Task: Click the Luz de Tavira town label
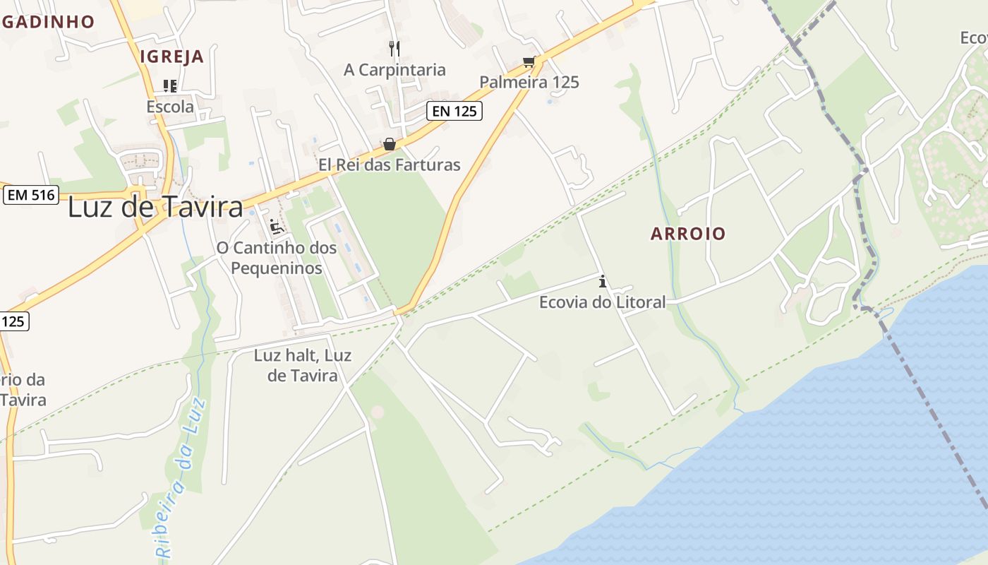click(x=155, y=207)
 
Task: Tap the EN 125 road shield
click(x=454, y=110)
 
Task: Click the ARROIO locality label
click(x=688, y=234)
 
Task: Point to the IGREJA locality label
click(x=171, y=56)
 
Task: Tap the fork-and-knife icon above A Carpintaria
click(x=394, y=48)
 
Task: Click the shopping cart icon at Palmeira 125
click(x=529, y=62)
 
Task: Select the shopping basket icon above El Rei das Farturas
click(x=389, y=144)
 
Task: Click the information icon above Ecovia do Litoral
click(x=602, y=281)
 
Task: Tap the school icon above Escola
click(x=170, y=86)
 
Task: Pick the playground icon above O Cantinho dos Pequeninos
click(x=277, y=227)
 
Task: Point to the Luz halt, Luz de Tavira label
click(x=303, y=365)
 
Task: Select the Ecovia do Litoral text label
click(x=602, y=302)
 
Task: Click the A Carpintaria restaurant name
click(x=394, y=69)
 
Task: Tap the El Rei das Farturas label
click(x=389, y=165)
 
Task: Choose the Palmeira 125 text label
click(x=529, y=82)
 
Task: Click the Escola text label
click(x=170, y=107)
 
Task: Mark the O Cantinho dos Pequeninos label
click(x=277, y=258)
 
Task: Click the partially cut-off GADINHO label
click(x=47, y=21)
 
